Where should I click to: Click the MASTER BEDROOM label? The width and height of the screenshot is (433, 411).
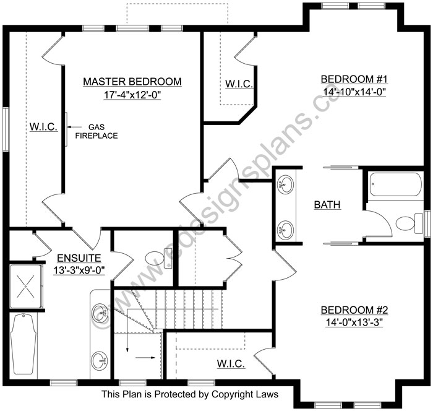point(132,82)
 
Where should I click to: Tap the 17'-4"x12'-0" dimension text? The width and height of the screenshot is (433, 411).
point(132,95)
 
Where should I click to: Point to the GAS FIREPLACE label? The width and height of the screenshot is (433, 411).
point(96,131)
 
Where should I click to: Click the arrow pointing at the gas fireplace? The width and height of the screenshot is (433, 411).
point(74,127)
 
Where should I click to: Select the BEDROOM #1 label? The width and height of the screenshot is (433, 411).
point(354,79)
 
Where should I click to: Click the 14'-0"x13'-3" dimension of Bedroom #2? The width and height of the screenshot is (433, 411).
point(354,322)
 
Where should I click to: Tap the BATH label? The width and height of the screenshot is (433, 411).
point(327,205)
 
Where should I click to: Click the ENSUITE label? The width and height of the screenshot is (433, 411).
point(79,258)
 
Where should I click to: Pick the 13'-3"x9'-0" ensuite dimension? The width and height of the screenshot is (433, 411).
point(79,270)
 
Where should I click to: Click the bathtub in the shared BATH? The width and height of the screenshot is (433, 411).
point(395,184)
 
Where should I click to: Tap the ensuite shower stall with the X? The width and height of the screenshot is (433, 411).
point(26,287)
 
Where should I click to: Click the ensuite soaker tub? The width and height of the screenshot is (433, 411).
point(24,344)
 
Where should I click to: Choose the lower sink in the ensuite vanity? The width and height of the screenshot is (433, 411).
point(100,360)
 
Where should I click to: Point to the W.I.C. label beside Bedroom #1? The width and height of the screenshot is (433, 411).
point(239,84)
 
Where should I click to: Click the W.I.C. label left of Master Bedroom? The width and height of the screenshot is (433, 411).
point(44,127)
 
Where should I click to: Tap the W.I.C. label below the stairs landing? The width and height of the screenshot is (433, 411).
point(231,364)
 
